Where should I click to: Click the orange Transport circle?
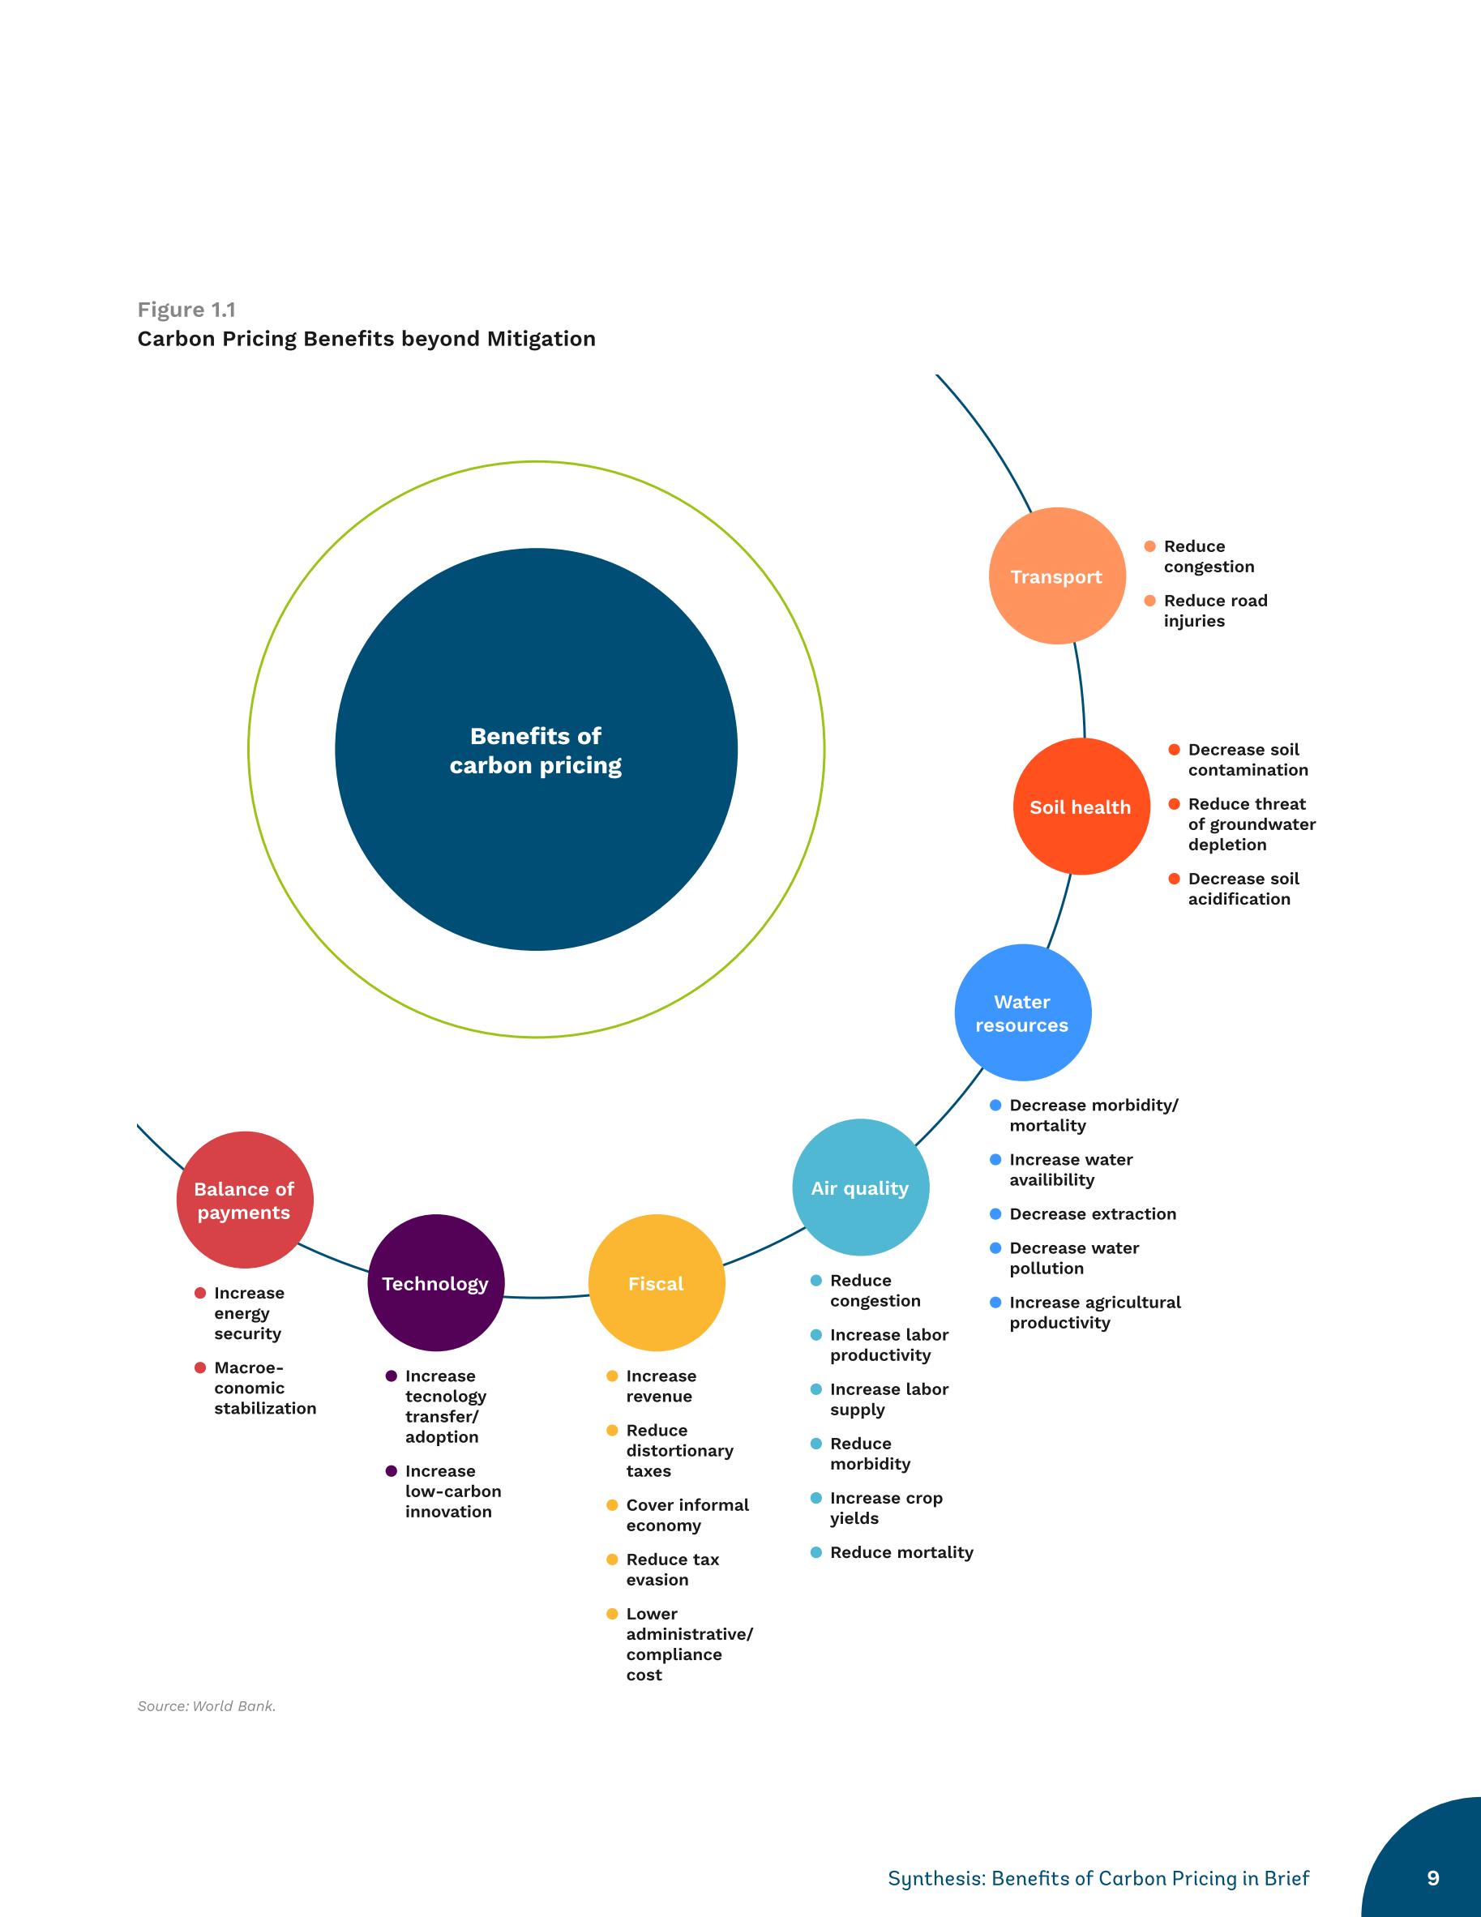pyautogui.click(x=1057, y=576)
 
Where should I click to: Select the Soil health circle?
pyautogui.click(x=1081, y=807)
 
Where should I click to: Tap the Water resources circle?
pyautogui.click(x=1023, y=1013)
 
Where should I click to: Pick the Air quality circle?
pyautogui.click(x=860, y=1187)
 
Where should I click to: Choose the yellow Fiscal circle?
pyautogui.click(x=657, y=1283)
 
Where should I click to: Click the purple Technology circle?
pyautogui.click(x=435, y=1283)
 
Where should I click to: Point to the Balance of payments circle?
pyautogui.click(x=245, y=1200)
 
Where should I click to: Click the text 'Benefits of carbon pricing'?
pyautogui.click(x=536, y=751)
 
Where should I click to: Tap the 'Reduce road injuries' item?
pyautogui.click(x=1215, y=611)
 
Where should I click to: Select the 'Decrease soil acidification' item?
pyautogui.click(x=1243, y=889)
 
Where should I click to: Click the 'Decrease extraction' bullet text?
pyautogui.click(x=1092, y=1214)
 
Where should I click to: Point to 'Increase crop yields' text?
pyautogui.click(x=886, y=1508)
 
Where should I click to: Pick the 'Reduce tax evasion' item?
pyautogui.click(x=673, y=1569)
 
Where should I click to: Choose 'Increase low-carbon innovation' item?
pyautogui.click(x=453, y=1491)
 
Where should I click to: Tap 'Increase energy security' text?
pyautogui.click(x=250, y=1313)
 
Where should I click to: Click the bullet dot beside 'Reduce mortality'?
pyautogui.click(x=815, y=1552)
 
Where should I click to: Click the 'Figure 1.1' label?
pyautogui.click(x=186, y=310)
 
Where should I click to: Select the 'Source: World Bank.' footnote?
pyautogui.click(x=207, y=1705)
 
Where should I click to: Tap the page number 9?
pyautogui.click(x=1432, y=1877)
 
